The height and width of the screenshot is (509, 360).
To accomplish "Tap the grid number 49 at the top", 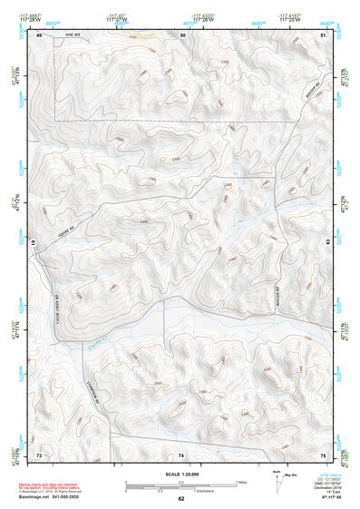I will click(39, 34).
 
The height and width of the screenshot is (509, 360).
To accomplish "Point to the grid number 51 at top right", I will click(323, 34).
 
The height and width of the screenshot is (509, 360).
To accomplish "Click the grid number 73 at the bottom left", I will click(39, 454).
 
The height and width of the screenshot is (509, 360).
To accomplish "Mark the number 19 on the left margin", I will click(34, 243).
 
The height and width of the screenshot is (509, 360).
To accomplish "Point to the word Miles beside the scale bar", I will click(240, 482).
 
